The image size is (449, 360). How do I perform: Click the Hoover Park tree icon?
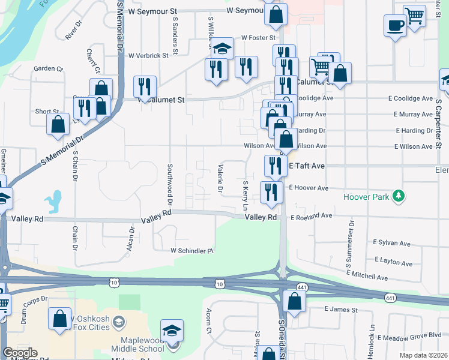397,196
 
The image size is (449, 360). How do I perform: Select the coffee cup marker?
395,26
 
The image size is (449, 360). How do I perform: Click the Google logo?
19,353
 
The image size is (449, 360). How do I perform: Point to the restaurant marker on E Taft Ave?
276,166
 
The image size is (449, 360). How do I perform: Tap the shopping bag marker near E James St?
294,302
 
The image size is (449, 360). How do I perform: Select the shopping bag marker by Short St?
58,124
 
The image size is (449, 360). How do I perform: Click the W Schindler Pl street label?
192,250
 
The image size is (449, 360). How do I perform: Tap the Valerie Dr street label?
220,179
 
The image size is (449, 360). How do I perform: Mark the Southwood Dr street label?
170,183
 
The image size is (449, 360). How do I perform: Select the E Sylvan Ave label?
391,243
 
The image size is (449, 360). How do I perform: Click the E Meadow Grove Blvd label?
412,335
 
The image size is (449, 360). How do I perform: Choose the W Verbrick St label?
147,56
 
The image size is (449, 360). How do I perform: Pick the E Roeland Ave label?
310,215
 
